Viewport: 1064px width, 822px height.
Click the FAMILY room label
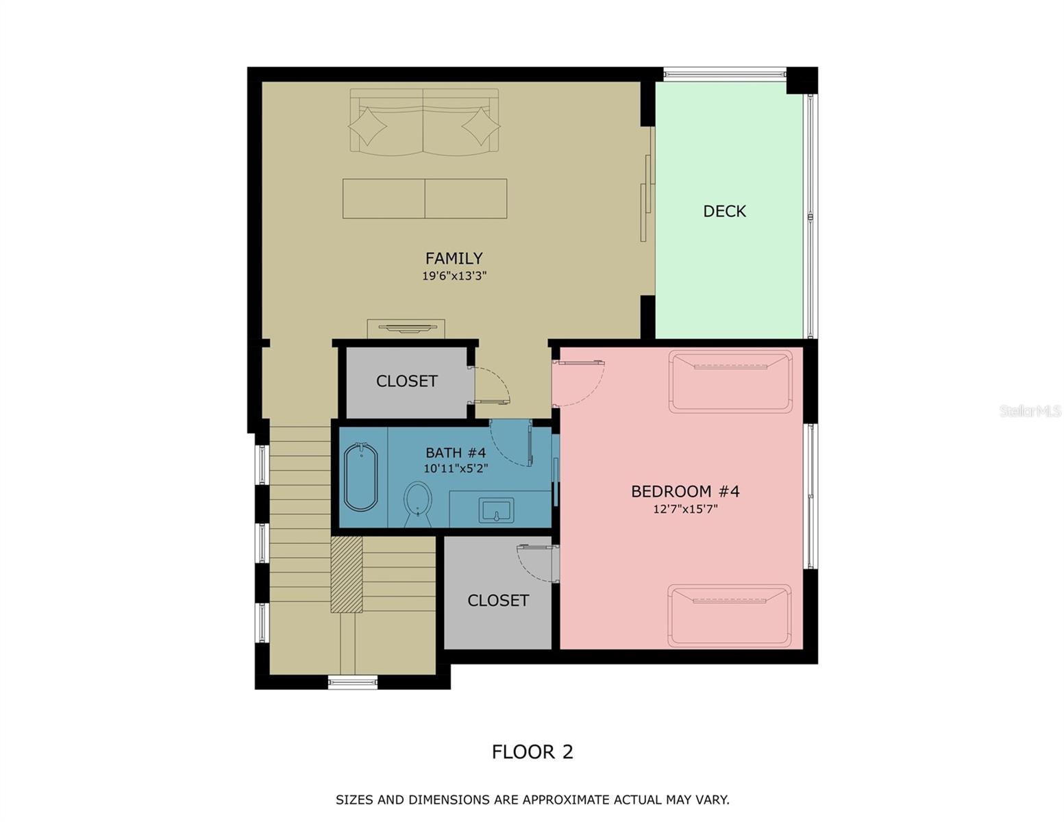click(454, 258)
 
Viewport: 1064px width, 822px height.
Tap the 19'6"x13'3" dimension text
click(454, 276)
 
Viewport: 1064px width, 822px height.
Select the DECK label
click(724, 211)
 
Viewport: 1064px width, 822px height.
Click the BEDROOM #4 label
click(684, 491)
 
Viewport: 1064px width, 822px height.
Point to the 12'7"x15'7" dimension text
click(684, 509)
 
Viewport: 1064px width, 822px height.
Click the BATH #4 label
click(456, 453)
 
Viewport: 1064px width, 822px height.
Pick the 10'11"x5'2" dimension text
click(456, 469)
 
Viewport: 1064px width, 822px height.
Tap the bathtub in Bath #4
click(360, 477)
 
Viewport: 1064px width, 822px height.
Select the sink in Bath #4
click(496, 510)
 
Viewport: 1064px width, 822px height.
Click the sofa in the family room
click(424, 121)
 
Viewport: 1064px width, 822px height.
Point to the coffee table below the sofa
click(425, 199)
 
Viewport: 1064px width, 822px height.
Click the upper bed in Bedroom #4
click(730, 382)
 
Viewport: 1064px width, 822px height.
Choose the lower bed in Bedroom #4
click(730, 615)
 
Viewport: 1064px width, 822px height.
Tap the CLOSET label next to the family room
click(406, 381)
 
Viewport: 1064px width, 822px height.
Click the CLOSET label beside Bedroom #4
click(498, 600)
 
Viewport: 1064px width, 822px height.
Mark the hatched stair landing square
click(347, 574)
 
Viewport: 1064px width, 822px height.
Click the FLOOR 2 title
click(532, 751)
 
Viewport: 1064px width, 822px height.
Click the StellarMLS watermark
click(1030, 411)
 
